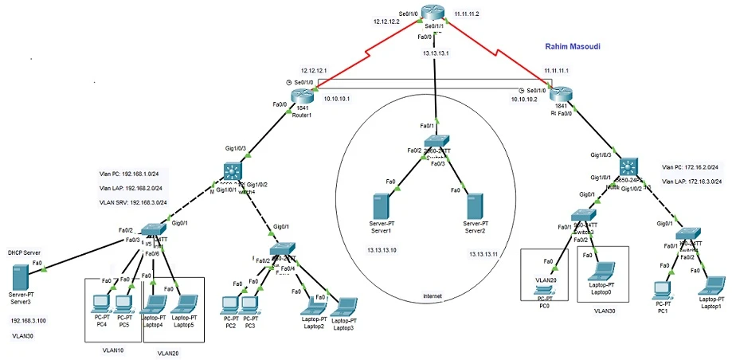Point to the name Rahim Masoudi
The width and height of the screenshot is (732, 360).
(x=572, y=48)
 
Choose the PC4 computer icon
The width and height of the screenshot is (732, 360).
(x=101, y=303)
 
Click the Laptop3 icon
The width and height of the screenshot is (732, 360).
(x=344, y=307)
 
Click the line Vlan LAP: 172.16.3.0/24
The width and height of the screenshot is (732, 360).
(x=691, y=182)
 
